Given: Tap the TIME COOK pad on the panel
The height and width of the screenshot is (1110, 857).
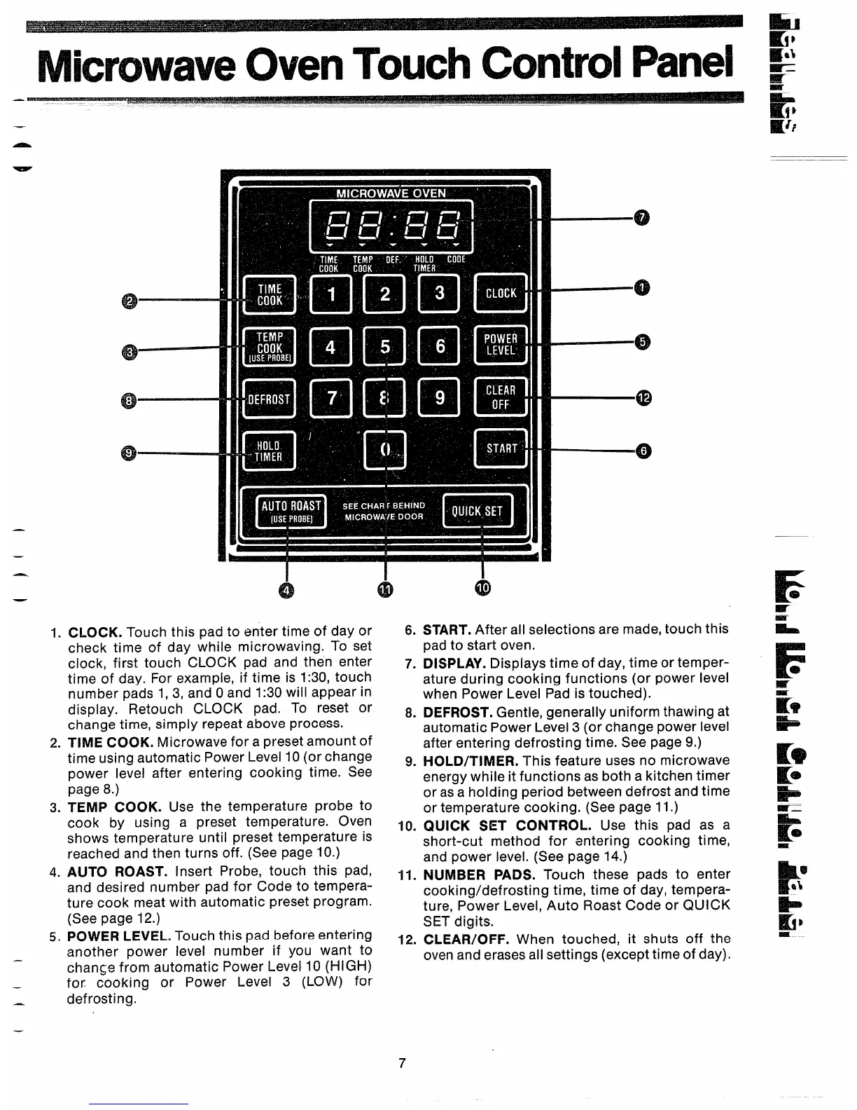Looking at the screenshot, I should coord(269,294).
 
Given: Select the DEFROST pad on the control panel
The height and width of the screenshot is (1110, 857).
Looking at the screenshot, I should coord(269,399).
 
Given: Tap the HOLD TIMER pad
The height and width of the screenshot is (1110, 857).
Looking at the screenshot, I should coord(269,451).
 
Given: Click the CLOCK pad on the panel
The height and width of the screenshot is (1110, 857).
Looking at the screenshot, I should coord(501,294).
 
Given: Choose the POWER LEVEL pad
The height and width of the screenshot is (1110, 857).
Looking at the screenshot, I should coord(501,345).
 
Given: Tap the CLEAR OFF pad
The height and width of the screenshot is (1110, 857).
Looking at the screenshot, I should coord(501,397).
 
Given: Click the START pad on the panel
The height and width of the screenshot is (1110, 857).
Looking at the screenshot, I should coord(501,448).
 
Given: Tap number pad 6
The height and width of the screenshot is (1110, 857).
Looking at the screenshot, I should coord(440,347).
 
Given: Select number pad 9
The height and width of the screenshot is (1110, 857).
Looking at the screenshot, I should coord(440,398).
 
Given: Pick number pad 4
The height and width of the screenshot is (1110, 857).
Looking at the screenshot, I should coord(330,347).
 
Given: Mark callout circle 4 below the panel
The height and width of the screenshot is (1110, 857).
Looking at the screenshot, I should coord(286,590).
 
